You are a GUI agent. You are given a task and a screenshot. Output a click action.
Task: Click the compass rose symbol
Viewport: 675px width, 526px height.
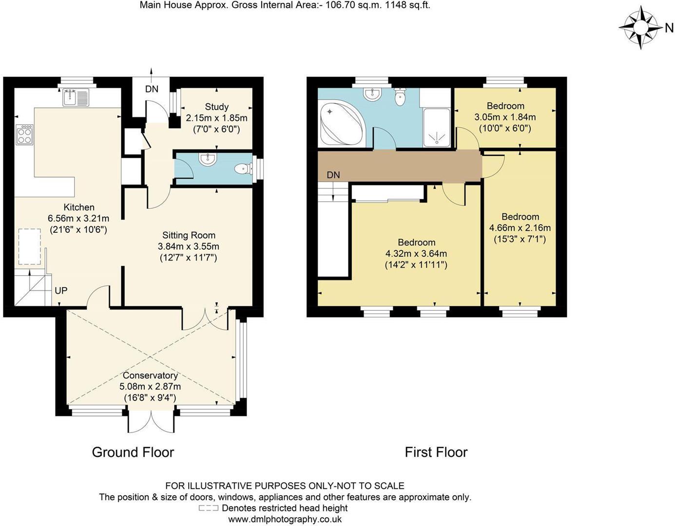point(640,28)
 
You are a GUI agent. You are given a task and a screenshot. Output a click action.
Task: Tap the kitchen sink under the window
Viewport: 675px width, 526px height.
point(75,97)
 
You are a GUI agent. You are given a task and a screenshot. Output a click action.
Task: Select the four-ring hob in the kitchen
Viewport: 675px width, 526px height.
point(24,135)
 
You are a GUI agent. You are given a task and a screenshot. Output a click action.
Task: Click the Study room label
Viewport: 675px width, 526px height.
point(217,107)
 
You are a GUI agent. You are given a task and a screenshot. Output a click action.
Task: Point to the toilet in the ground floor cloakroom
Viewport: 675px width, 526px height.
point(242,169)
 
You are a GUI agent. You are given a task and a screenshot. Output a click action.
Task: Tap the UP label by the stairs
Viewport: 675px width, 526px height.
point(61,291)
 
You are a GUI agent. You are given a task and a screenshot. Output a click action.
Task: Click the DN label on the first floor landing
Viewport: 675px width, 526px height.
point(333,175)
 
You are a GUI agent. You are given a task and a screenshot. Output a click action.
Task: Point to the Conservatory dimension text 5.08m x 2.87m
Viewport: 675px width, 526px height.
point(150,387)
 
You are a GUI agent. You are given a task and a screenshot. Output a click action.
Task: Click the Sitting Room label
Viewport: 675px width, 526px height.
point(189,235)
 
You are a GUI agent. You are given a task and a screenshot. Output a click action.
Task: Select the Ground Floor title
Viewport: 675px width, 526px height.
point(133,452)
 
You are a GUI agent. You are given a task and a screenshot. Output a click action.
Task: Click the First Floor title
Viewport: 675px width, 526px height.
point(436,452)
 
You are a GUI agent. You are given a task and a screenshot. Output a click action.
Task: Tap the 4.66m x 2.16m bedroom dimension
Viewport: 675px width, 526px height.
point(520,228)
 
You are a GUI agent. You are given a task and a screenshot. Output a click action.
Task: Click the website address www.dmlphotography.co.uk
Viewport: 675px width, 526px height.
point(285,519)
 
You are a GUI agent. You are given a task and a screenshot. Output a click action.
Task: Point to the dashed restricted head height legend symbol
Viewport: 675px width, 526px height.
point(208,508)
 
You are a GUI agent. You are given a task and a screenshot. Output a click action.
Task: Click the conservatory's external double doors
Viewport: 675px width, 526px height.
point(151,422)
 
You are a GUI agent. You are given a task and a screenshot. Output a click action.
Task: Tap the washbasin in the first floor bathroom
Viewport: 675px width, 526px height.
point(372,94)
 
